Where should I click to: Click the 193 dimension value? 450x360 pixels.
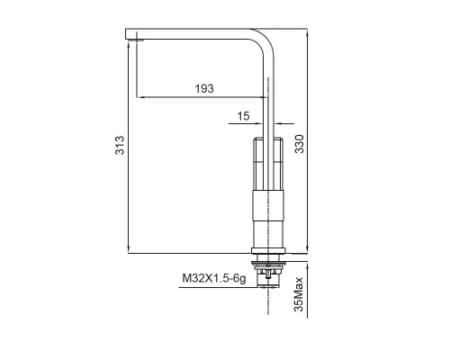pyautogui.click(x=203, y=88)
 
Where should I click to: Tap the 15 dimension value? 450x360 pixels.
pyautogui.click(x=244, y=115)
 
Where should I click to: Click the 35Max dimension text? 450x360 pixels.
pyautogui.click(x=299, y=294)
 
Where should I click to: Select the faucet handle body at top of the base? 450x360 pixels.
pyautogui.click(x=269, y=163)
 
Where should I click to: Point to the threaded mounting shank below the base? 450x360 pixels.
pyautogui.click(x=269, y=271)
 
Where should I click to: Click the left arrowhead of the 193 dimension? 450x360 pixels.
pyautogui.click(x=138, y=96)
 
